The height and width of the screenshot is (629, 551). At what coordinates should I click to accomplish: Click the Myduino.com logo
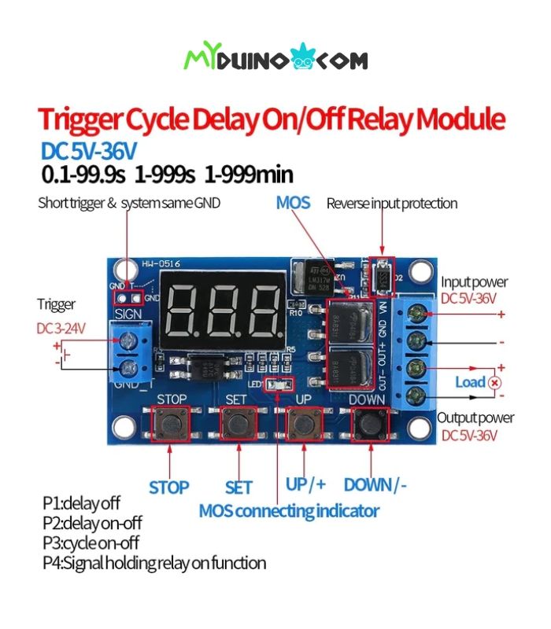pos(275,59)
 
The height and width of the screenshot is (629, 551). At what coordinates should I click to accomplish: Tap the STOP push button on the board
pos(170,425)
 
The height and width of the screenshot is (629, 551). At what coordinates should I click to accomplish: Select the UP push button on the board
pos(303,425)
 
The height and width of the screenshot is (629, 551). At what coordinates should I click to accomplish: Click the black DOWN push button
pos(368,425)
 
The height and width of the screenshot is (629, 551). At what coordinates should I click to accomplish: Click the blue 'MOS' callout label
pos(293,203)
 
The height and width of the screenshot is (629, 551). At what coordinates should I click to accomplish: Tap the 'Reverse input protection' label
pos(391,204)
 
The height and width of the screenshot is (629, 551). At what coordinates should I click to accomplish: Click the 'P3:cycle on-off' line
pos(91,543)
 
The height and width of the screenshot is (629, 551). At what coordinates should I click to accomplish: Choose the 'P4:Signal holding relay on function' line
pos(153,563)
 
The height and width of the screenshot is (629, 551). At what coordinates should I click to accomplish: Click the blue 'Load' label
pos(470,382)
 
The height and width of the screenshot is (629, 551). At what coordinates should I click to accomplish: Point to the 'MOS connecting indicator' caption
pos(289,511)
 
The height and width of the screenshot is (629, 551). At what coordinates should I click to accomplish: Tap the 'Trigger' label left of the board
pos(56,304)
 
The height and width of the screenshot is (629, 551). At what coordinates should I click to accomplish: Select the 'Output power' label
pos(475,417)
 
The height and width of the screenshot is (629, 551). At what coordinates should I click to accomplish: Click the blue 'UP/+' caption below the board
pos(305,484)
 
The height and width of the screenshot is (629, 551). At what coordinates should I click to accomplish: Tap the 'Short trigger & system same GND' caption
pos(129,203)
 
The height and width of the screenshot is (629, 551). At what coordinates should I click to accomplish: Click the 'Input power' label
pos(474,281)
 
